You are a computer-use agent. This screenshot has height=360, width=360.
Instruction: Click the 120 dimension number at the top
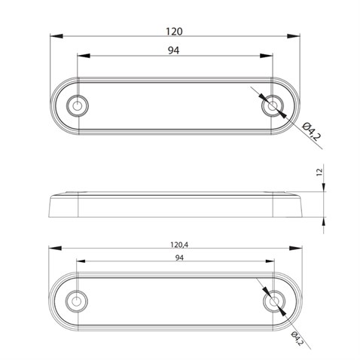coord(175,32)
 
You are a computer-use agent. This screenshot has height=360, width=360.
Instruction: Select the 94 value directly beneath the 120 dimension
coord(175,50)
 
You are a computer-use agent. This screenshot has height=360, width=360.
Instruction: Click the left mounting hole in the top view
coord(77,105)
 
